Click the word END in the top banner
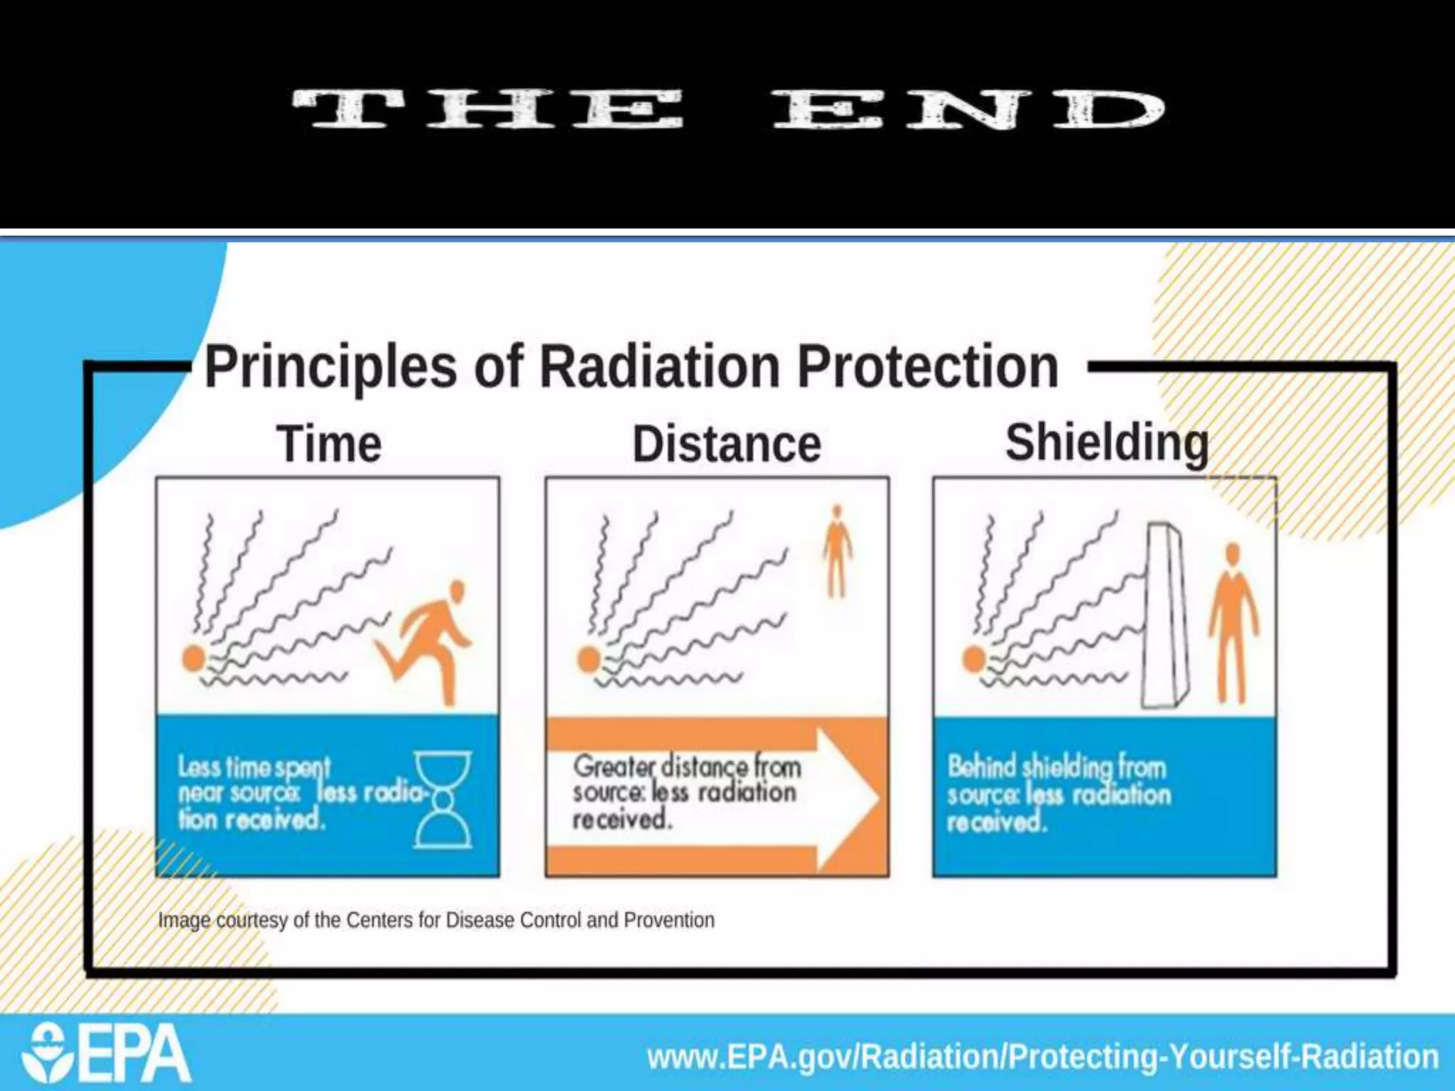969,110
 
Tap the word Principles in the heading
330,368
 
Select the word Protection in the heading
927,368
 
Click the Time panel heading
329,445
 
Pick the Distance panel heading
727,445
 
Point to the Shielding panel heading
1106,443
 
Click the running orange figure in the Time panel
429,639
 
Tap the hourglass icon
443,800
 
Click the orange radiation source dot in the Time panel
193,658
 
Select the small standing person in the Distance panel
838,550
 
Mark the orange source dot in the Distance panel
588,659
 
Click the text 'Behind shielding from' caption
1056,767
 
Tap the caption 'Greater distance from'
687,767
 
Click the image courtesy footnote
436,921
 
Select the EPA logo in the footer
107,1053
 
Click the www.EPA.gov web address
1042,1056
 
